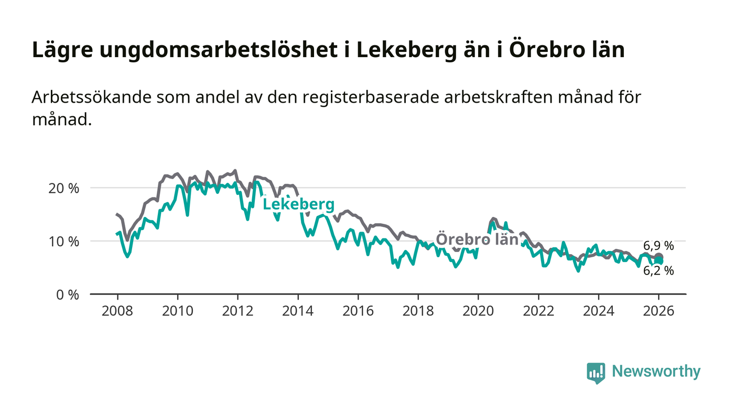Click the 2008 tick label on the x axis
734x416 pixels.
tap(117, 311)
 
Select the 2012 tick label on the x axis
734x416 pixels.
tap(238, 311)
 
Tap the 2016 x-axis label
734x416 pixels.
tap(358, 311)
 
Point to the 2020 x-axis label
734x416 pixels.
tap(478, 311)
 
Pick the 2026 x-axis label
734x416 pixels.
tap(659, 311)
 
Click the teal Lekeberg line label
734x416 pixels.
tap(298, 204)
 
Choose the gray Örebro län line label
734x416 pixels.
tap(477, 239)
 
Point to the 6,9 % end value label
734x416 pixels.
tap(659, 246)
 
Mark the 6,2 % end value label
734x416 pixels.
tap(659, 271)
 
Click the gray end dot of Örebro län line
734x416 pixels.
tap(659, 257)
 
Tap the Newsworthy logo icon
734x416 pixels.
tap(596, 373)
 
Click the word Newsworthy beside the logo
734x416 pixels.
tap(656, 371)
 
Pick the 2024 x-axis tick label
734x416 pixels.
tap(598, 311)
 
